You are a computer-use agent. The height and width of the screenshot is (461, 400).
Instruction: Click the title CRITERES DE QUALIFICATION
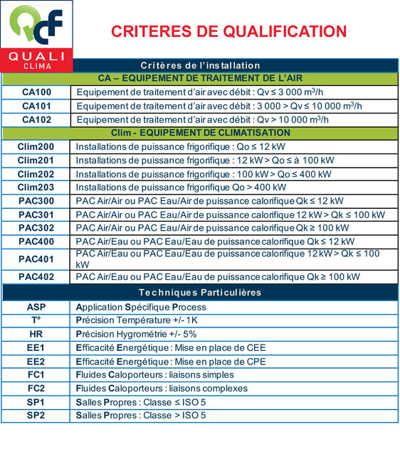point(228,31)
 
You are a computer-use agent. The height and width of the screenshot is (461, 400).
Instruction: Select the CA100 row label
point(36,92)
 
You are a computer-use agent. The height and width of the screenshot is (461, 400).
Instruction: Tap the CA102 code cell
point(36,119)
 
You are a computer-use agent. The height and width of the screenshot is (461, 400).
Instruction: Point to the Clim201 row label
point(36,161)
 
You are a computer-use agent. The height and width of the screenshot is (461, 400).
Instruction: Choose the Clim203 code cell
point(36,188)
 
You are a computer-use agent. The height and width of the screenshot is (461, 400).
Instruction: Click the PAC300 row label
point(36,201)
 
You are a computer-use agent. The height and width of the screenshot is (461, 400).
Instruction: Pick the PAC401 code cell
point(36,259)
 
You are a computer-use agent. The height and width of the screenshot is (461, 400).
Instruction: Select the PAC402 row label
point(36,277)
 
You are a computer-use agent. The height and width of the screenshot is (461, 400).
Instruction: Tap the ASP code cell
point(36,307)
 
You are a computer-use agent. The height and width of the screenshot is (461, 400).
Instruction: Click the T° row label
point(36,320)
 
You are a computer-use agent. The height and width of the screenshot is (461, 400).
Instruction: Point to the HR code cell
point(36,334)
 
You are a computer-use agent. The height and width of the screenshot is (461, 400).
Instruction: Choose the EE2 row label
point(36,361)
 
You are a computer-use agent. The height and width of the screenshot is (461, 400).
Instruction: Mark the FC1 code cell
point(36,374)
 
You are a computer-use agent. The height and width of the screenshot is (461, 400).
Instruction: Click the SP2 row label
point(36,416)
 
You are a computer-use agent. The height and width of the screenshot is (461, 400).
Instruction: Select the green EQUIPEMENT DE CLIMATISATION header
point(201,134)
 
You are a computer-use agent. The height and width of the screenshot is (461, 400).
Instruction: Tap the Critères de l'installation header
point(201,65)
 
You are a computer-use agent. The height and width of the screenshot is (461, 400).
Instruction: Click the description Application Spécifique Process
point(141,307)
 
